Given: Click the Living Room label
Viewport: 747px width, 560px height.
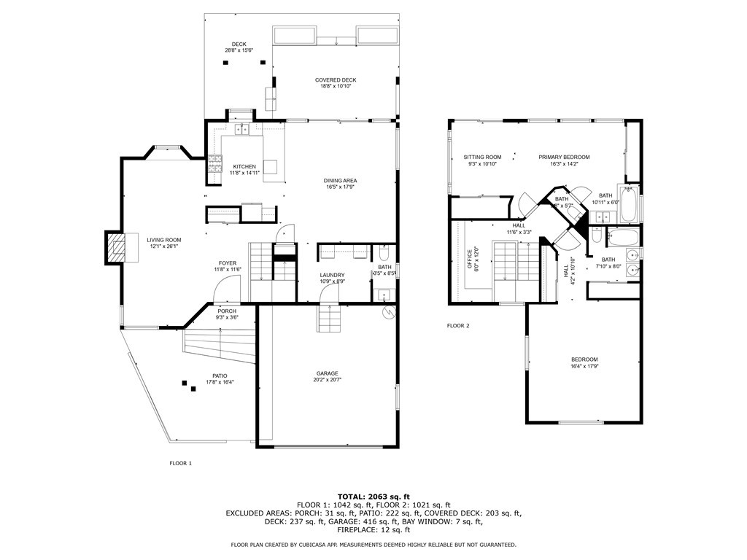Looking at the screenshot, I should pyautogui.click(x=163, y=240).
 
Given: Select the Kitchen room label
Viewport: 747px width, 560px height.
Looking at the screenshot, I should pyautogui.click(x=244, y=166).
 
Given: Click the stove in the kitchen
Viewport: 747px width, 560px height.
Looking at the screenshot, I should pyautogui.click(x=216, y=170).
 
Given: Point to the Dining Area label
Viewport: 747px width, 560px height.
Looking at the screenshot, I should pyautogui.click(x=341, y=181).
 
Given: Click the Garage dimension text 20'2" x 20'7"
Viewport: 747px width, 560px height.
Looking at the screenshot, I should pyautogui.click(x=328, y=380).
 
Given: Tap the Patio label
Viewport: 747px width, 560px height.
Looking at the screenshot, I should pyautogui.click(x=209, y=376).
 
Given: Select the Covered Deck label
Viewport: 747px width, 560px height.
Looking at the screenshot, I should pyautogui.click(x=336, y=80).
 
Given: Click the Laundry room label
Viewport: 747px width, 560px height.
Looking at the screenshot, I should pyautogui.click(x=331, y=275).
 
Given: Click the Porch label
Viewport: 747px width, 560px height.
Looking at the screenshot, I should pyautogui.click(x=227, y=311).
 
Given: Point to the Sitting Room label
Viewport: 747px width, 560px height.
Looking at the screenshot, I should pyautogui.click(x=482, y=157).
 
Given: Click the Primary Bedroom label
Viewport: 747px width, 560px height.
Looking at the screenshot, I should pyautogui.click(x=564, y=157).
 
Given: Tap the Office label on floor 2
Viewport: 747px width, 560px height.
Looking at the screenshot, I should pyautogui.click(x=470, y=260).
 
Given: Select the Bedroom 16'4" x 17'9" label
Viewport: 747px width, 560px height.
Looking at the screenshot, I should pyautogui.click(x=584, y=359).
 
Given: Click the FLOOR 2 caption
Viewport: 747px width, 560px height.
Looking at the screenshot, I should pyautogui.click(x=458, y=326).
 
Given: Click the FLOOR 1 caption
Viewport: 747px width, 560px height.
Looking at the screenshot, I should pyautogui.click(x=180, y=463).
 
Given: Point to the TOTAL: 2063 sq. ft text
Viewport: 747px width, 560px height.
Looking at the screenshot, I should pyautogui.click(x=373, y=496).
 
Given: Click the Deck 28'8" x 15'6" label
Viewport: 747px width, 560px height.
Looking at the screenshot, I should pyautogui.click(x=239, y=44).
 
